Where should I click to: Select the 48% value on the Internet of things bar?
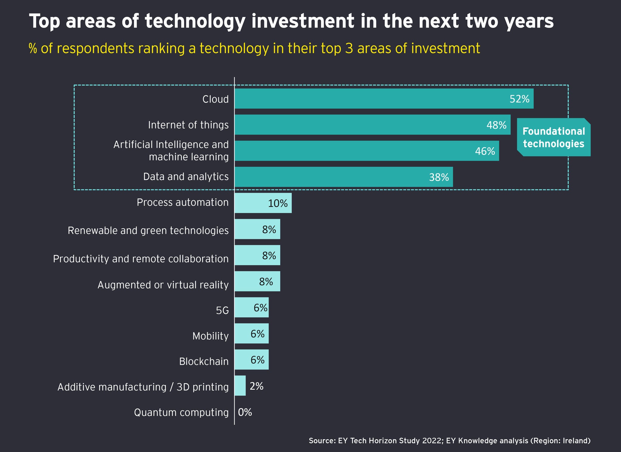496,125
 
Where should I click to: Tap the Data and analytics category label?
186,177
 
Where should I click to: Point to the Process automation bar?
263,203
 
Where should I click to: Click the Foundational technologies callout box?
554,137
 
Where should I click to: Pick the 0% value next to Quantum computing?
245,412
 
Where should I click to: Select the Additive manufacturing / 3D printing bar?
240,386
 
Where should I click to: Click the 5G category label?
222,311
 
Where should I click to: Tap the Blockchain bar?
251,359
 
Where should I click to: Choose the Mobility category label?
210,336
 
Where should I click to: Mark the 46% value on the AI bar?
485,151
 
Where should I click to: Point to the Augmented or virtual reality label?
163,285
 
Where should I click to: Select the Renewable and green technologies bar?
257,229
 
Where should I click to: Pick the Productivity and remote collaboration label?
141,259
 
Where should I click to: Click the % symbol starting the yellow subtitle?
32,49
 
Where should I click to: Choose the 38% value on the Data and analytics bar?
439,177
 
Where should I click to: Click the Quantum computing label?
181,413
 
